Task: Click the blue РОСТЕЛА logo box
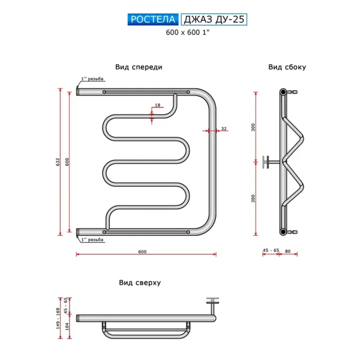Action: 153,19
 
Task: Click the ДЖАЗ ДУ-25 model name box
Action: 214,19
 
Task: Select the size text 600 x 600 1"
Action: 188,32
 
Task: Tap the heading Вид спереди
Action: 139,67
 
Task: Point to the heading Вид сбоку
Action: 287,67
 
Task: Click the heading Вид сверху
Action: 140,282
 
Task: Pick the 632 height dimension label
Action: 58,162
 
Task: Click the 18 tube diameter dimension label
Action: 158,105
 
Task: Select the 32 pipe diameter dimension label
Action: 224,129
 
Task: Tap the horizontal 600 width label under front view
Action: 142,252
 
